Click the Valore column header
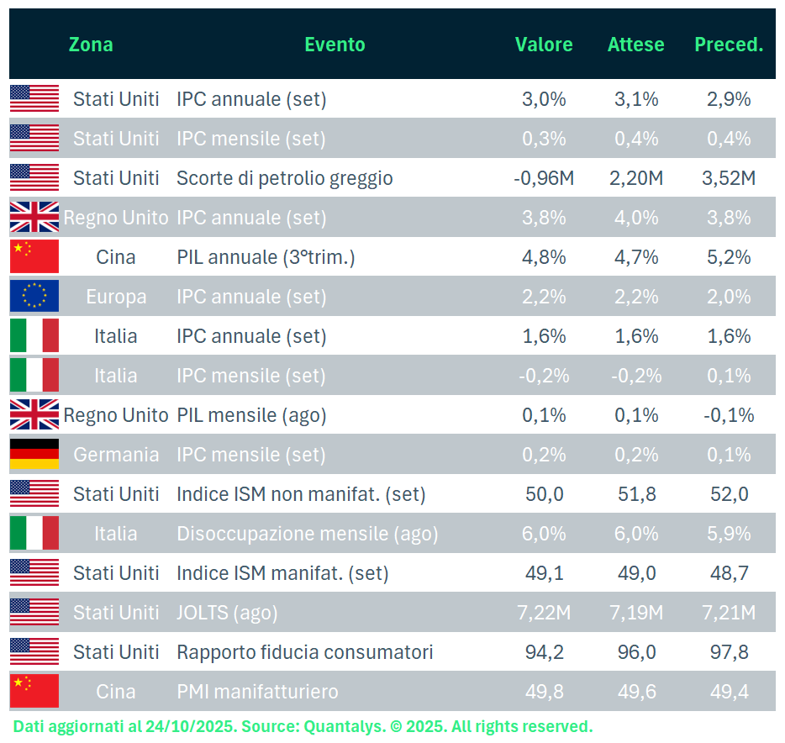pos(544,45)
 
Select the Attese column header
pos(636,45)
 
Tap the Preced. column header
pos(729,45)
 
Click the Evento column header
pos(335,45)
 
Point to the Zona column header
pos(91,45)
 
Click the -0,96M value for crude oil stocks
pos(544,178)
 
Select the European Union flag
pos(34,297)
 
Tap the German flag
pos(34,455)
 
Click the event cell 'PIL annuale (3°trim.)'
pos(266,257)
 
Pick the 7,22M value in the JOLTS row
pos(544,613)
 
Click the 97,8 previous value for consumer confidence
pos(729,652)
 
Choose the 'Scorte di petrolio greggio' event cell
pos(284,178)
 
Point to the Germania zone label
pos(116,455)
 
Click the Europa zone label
pos(116,297)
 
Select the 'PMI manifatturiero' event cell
pos(257,692)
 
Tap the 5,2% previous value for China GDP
pos(729,257)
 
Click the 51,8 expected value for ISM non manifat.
pos(636,494)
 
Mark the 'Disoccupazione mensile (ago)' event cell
pos(307,534)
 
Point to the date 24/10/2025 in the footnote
pos(168,726)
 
